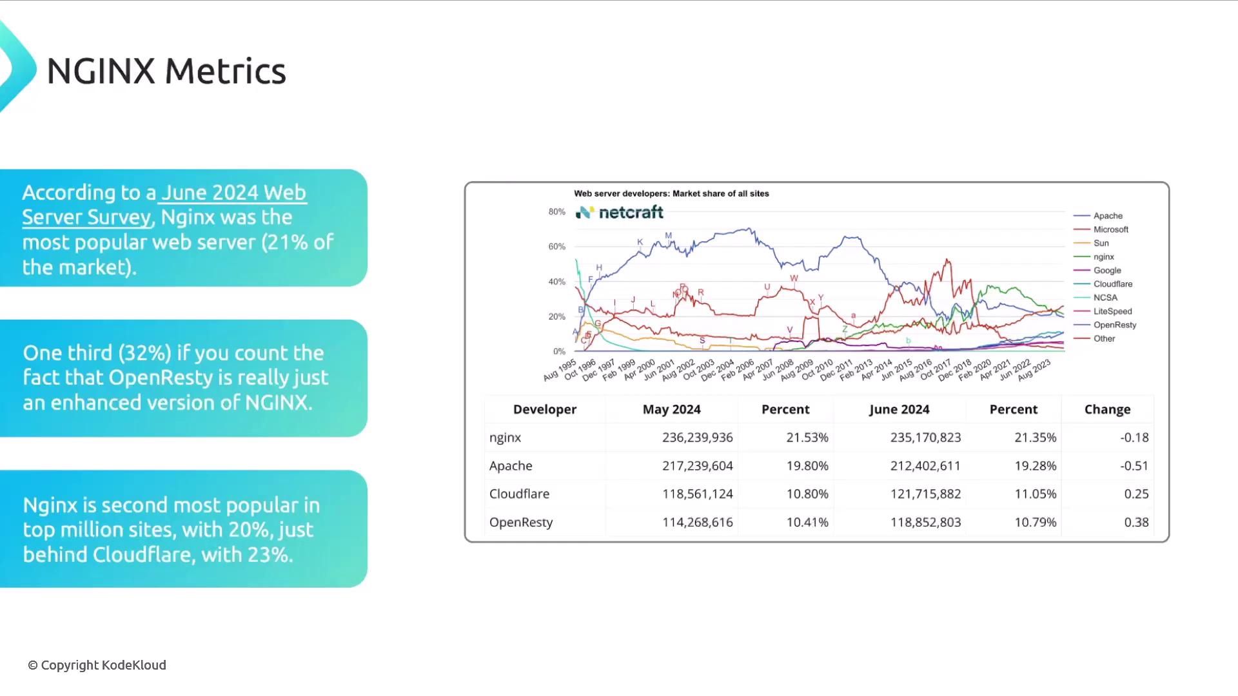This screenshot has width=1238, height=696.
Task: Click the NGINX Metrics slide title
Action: pos(166,71)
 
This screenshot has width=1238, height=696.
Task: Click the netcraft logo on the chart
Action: pos(619,212)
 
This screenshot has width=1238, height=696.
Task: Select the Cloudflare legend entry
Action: pos(1112,284)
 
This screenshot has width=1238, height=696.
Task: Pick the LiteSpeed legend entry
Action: pos(1112,311)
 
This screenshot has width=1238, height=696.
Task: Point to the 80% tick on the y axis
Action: pos(556,212)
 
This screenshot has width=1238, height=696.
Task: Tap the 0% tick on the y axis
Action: pos(558,351)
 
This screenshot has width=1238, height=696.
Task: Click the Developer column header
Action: pos(544,409)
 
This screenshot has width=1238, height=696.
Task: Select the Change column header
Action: pos(1107,409)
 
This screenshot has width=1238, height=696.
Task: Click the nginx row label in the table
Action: pos(505,438)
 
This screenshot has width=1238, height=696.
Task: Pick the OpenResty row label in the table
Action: pos(521,523)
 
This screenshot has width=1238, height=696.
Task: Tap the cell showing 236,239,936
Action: pos(697,438)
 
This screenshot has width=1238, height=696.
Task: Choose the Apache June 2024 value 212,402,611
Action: pos(925,466)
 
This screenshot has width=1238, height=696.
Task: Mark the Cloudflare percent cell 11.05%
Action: pos(1035,494)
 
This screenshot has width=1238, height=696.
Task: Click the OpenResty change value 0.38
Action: pos(1136,523)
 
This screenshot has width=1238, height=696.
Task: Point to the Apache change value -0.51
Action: pos(1134,466)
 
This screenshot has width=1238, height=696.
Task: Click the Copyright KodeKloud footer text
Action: pos(97,665)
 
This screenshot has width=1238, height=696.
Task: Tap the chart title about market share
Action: pos(671,193)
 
